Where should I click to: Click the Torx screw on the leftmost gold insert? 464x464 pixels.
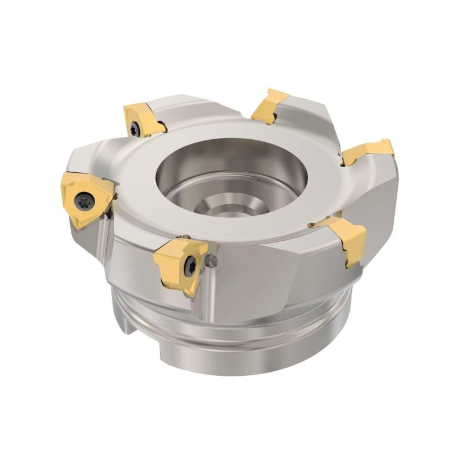click(81, 201)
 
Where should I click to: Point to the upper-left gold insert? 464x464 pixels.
click(143, 119)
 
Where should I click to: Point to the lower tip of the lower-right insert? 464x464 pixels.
click(350, 266)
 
